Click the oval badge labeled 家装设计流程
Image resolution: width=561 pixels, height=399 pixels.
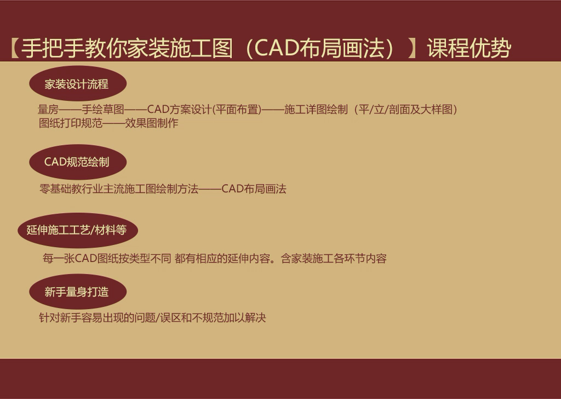[x=78, y=83]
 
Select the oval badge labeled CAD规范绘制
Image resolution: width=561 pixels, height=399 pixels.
[x=78, y=162]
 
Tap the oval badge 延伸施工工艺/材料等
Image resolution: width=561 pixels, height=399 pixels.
[x=78, y=230]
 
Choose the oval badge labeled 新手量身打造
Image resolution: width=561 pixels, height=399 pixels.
[x=78, y=292]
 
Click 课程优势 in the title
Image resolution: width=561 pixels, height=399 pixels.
[x=469, y=48]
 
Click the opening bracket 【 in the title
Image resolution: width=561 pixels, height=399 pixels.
[x=14, y=48]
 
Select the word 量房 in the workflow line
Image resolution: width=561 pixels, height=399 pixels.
[x=48, y=109]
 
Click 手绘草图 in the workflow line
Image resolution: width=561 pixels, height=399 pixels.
[x=102, y=109]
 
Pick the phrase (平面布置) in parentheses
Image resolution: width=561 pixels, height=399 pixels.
[x=237, y=109]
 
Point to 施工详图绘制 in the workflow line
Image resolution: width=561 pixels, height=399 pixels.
[x=316, y=109]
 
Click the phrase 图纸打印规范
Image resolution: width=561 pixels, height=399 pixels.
[x=71, y=123]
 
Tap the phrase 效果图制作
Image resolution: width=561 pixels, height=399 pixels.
[x=152, y=123]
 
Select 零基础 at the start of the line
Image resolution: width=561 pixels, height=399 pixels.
[x=55, y=189]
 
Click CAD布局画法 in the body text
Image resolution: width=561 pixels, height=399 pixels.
[x=254, y=189]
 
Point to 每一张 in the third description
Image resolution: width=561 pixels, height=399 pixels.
[x=59, y=258]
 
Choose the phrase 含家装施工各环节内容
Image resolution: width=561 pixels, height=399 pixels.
[x=334, y=258]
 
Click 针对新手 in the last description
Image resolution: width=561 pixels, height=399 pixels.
[x=60, y=317]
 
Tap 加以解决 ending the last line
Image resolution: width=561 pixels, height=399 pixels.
[x=245, y=317]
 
